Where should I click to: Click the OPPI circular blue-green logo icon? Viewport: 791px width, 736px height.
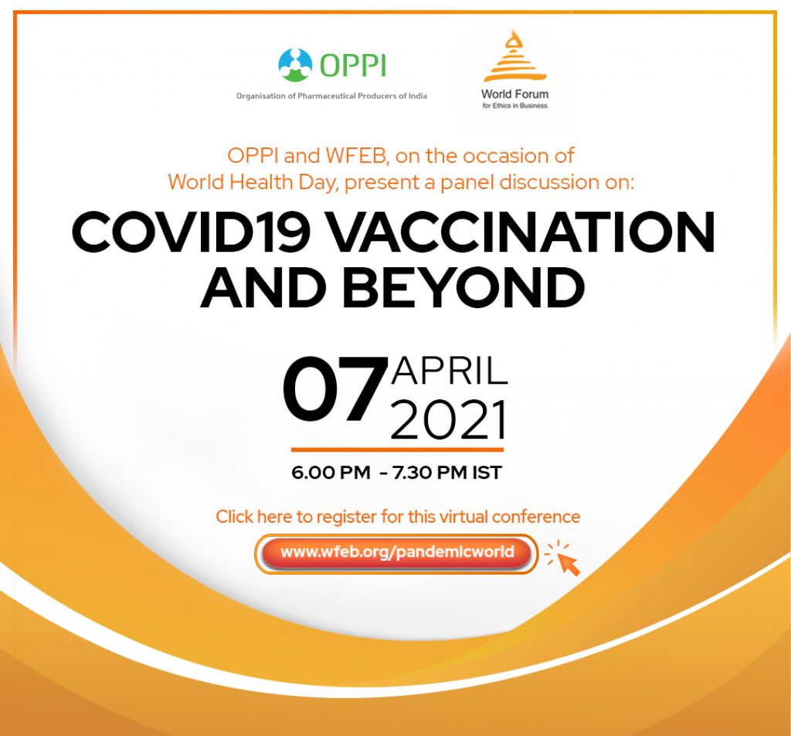295,65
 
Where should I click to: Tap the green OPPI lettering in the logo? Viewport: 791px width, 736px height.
352,66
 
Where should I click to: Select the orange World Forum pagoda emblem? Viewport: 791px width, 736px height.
514,56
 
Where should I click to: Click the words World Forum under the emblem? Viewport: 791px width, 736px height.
514,93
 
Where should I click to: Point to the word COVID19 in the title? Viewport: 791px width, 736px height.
190,232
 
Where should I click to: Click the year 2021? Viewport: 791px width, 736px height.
448,420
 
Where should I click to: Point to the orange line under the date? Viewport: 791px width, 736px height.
398,449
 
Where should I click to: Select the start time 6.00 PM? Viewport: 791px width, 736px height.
331,473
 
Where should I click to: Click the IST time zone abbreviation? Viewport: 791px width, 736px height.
487,473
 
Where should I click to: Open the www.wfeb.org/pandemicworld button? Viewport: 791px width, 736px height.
396,553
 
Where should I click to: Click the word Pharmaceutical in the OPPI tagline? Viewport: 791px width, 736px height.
327,96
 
